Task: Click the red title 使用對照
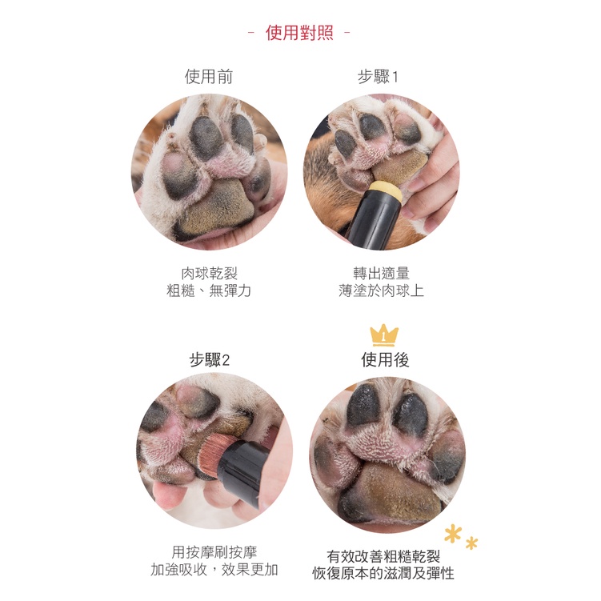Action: coord(299,33)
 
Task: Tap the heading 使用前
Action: coord(209,77)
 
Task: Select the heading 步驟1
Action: coord(378,77)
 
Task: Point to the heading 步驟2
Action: coord(210,360)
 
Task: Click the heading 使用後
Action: coord(385,360)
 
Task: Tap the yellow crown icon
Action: coord(384,335)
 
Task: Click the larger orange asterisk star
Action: coord(453,534)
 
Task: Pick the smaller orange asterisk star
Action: coord(472,543)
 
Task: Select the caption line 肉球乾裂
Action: coord(210,274)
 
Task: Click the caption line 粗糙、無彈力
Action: coord(209,290)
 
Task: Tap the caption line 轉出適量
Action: coord(382,274)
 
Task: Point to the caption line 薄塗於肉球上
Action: coord(382,290)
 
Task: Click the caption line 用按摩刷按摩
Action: coord(214,552)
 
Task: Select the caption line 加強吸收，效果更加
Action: coord(214,570)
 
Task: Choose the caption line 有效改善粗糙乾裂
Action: coord(383,556)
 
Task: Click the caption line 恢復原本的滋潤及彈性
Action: coord(383,574)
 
